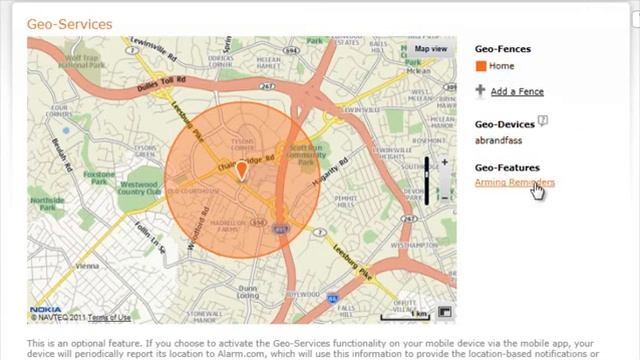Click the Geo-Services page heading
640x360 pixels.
coord(70,23)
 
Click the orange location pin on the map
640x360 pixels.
coord(241,171)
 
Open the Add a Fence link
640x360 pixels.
coord(517,91)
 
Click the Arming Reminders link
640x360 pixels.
coord(514,182)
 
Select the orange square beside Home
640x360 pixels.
coord(481,66)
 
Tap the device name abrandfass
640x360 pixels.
coord(499,140)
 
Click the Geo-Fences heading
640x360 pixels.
coord(502,48)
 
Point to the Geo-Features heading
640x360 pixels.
coord(507,167)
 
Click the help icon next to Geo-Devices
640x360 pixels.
coord(543,121)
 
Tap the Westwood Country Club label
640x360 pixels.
coord(137,187)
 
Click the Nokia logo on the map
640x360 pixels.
coord(45,309)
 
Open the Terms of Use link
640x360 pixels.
coord(109,317)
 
